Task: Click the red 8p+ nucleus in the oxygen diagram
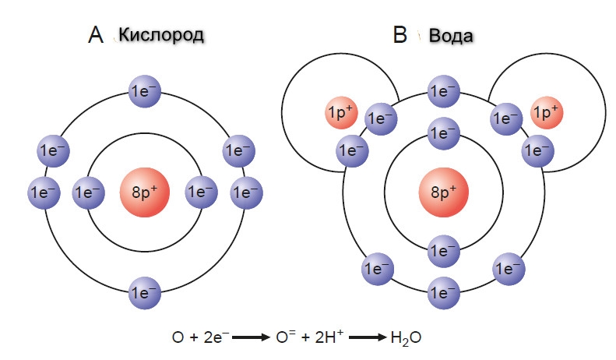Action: pyautogui.click(x=144, y=191)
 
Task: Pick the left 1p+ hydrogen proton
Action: pyautogui.click(x=340, y=115)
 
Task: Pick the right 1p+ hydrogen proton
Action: pyautogui.click(x=546, y=114)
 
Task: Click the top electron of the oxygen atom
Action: pyautogui.click(x=144, y=90)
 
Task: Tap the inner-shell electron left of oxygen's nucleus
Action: pyautogui.click(x=88, y=191)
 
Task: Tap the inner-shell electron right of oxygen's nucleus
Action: pyautogui.click(x=201, y=191)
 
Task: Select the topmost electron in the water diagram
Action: pyautogui.click(x=443, y=90)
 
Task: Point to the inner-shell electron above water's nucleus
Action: pyautogui.click(x=443, y=133)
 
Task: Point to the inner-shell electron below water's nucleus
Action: pyautogui.click(x=443, y=250)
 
